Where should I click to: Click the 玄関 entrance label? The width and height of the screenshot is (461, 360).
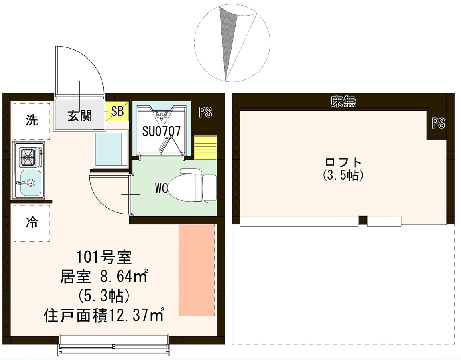(79, 115)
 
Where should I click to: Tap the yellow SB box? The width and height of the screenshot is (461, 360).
(117, 111)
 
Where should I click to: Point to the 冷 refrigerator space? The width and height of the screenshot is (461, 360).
(32, 223)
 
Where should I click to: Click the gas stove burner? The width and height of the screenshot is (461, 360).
(28, 157)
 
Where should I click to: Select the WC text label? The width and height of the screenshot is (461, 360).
(162, 188)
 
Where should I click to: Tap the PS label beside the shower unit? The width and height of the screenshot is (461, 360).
(205, 113)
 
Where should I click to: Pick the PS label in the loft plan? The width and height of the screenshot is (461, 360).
(438, 124)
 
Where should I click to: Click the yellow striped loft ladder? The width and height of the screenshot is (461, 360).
(205, 147)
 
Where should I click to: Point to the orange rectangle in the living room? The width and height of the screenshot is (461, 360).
(196, 269)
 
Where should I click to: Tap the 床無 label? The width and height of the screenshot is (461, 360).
(343, 102)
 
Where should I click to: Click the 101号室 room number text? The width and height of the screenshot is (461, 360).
(104, 257)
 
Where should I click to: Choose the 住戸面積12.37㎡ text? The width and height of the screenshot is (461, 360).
(104, 316)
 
